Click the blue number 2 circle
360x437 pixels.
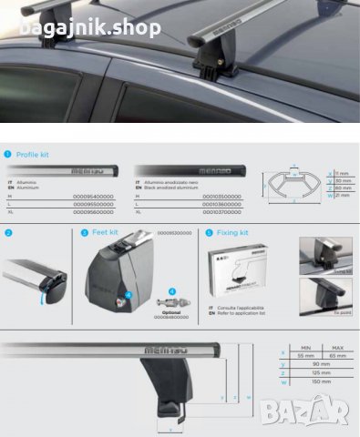click(8, 233)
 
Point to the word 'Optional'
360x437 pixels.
click(170, 311)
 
